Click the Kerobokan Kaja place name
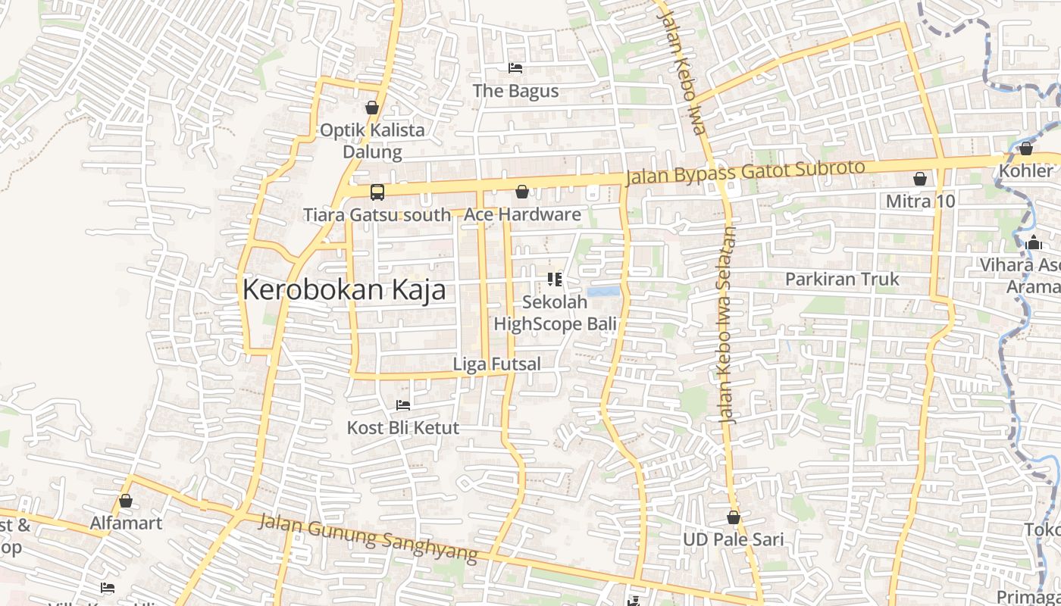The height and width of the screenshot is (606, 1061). pos(344,289)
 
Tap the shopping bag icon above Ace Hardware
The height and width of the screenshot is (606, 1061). pos(522,192)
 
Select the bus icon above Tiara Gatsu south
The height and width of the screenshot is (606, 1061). pos(377,192)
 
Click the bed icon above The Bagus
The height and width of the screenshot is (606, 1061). pos(515,68)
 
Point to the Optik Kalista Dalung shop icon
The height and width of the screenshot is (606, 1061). pos(372,108)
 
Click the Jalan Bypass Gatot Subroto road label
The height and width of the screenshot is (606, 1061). pos(746,173)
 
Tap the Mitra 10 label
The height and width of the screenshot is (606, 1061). pos(920,201)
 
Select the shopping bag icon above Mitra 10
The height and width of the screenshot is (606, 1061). pos(920,179)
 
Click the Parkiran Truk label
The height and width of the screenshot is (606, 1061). pos(842,279)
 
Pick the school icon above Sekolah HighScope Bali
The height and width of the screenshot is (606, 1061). pos(555,280)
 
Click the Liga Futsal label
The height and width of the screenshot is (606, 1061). pos(496,364)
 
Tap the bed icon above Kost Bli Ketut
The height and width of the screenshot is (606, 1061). pos(403,405)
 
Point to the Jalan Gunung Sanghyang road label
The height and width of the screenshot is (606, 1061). pos(368,538)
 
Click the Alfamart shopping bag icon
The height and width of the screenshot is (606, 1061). pos(126,501)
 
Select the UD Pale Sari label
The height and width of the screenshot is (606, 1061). pos(733,540)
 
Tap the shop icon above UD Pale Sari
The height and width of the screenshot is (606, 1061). pos(733,517)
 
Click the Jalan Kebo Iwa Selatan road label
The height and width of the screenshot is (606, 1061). pos(726,324)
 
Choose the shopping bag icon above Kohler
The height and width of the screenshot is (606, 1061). pos(1025,148)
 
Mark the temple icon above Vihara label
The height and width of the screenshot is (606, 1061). pos(1033,243)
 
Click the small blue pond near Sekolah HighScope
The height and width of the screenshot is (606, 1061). pos(602,292)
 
